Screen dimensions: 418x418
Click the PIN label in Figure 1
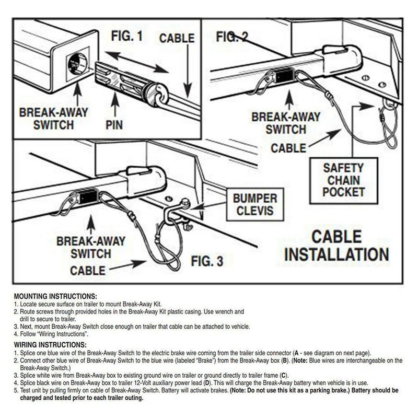121,126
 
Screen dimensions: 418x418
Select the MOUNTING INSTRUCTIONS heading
55,296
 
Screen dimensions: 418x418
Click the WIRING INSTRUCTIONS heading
50,345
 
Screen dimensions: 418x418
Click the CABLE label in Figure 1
177,38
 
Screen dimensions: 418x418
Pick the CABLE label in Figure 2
288,148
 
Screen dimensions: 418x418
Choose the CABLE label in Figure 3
87,270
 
